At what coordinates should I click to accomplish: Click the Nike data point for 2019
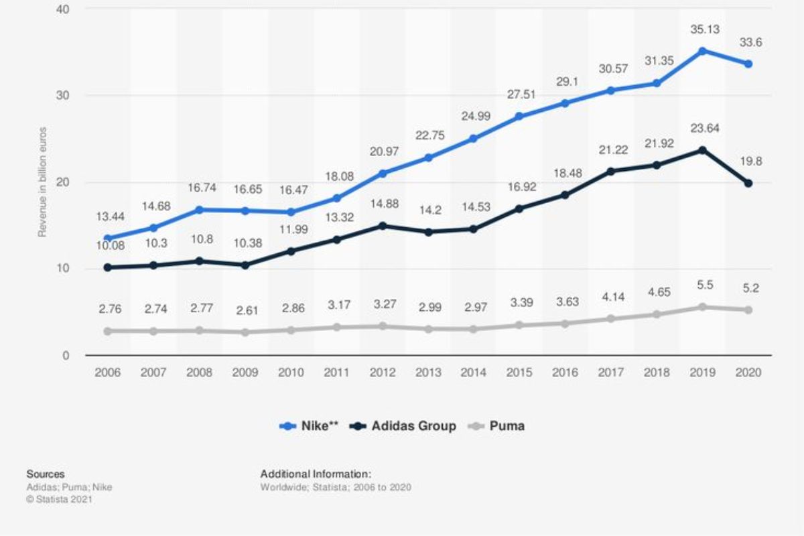click(x=702, y=51)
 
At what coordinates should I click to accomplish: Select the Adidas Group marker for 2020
click(x=748, y=183)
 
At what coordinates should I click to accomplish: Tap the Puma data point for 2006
click(x=108, y=331)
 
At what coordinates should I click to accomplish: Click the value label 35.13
click(x=702, y=29)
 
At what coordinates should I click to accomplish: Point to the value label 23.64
click(x=702, y=129)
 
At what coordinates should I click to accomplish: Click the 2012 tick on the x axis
click(x=383, y=373)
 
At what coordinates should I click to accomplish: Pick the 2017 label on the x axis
click(x=611, y=373)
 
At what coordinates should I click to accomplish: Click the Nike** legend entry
click(x=310, y=426)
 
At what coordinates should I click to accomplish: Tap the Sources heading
click(x=46, y=474)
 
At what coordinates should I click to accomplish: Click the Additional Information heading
click(x=316, y=474)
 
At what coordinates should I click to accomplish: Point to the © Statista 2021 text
click(x=60, y=499)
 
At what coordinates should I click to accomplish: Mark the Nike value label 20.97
click(x=383, y=152)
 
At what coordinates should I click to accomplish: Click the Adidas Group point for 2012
click(x=383, y=226)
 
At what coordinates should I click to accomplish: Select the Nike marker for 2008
click(x=200, y=210)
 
